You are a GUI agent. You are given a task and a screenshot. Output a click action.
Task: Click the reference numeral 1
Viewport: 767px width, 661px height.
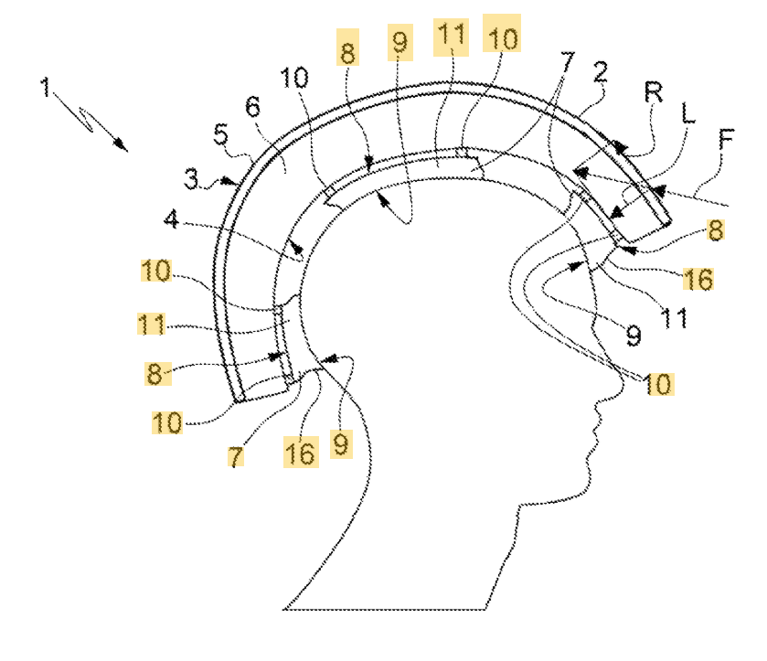[45, 88]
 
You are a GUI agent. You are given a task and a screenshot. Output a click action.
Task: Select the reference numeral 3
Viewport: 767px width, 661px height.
[190, 177]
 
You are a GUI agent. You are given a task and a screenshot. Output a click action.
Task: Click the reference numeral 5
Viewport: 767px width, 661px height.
[220, 134]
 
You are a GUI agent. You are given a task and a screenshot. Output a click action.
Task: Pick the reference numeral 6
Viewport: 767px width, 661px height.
[253, 107]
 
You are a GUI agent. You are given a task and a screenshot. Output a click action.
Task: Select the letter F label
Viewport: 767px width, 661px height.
[726, 140]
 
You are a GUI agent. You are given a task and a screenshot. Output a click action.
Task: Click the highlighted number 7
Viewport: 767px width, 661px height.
[237, 455]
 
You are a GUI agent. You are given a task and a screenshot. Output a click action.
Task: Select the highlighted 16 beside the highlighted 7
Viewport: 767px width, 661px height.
[301, 453]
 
